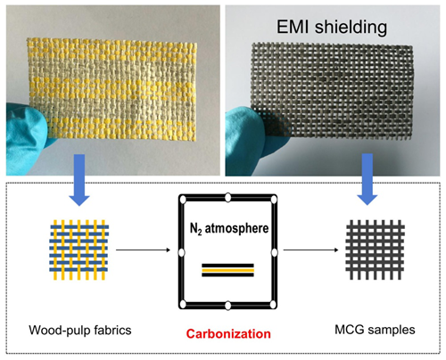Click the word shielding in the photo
pyautogui.click(x=351, y=28)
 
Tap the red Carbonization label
pyautogui.click(x=228, y=334)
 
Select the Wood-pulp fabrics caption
pyautogui.click(x=80, y=331)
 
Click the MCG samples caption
pyautogui.click(x=375, y=330)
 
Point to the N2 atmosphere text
pyautogui.click(x=229, y=229)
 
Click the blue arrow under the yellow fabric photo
pyautogui.click(x=78, y=180)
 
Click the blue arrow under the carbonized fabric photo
pyautogui.click(x=368, y=179)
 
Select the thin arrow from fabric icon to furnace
pyautogui.click(x=143, y=250)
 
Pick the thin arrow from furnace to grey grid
pyautogui.click(x=310, y=250)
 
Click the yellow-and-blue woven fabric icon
pyautogui.click(x=79, y=250)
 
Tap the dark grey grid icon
pyautogui.click(x=376, y=250)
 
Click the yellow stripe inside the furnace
pyautogui.click(x=227, y=270)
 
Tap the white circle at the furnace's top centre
pyautogui.click(x=227, y=197)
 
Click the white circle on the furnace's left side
pyautogui.click(x=182, y=252)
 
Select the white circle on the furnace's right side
pyautogui.click(x=275, y=252)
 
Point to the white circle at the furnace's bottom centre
pyautogui.click(x=227, y=306)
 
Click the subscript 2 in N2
pyautogui.click(x=199, y=233)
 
